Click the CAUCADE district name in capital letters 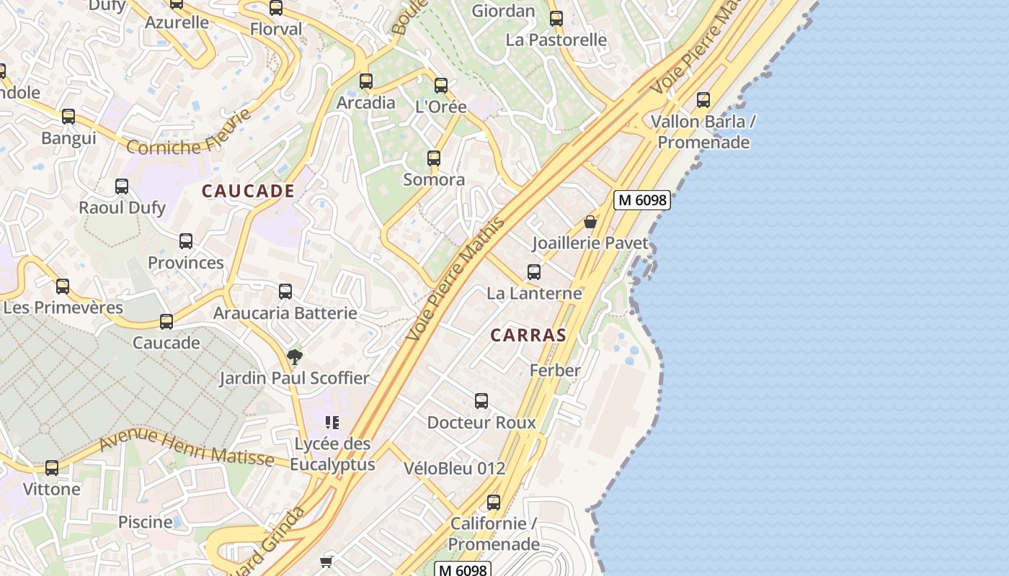[x=248, y=191]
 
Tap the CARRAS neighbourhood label [x=528, y=335]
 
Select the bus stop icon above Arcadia [x=366, y=81]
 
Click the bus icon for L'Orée [x=441, y=86]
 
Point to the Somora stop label [x=434, y=179]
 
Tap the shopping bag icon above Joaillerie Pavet [x=590, y=222]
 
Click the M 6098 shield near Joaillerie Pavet [x=642, y=200]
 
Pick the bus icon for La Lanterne [x=534, y=271]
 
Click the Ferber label [x=555, y=370]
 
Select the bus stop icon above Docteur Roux [x=481, y=401]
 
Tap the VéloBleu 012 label [x=454, y=468]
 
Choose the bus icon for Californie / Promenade [x=494, y=502]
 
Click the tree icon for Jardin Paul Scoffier [x=294, y=356]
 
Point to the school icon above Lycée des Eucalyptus [x=332, y=422]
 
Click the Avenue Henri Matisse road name [x=186, y=446]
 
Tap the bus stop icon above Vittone [x=52, y=468]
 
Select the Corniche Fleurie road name [x=189, y=134]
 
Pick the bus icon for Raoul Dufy [x=122, y=186]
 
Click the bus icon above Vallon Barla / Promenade [x=703, y=100]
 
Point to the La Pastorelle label [x=556, y=40]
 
